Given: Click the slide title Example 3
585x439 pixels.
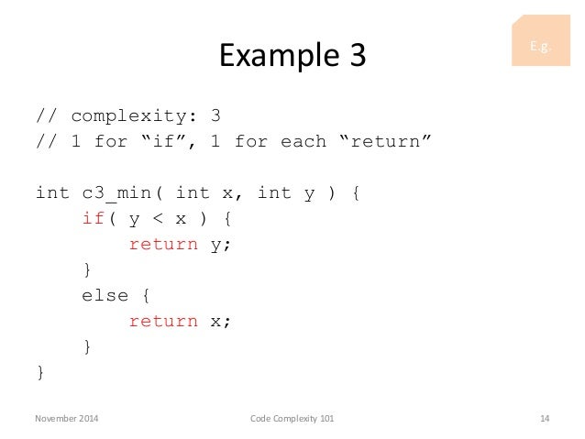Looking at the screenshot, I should [292, 57].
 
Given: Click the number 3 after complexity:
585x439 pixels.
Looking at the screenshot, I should [214, 116].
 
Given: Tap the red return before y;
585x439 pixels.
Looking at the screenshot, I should [163, 245].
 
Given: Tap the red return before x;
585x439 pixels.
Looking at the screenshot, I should [163, 322].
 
